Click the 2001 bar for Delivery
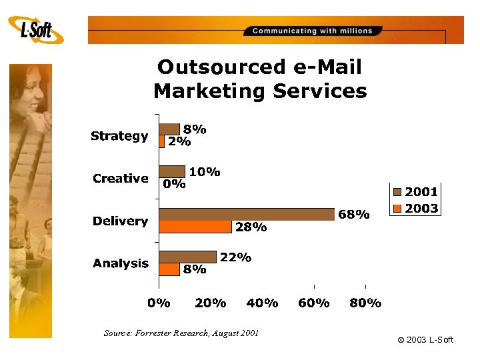[247, 214]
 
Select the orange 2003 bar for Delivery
[195, 227]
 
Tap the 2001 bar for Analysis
[187, 257]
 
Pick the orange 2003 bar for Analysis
[169, 269]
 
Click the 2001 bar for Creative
[172, 171]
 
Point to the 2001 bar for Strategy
[169, 129]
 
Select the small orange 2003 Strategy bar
[161, 141]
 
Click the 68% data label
[353, 215]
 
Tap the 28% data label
[251, 227]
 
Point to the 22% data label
[235, 257]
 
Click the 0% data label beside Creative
[175, 185]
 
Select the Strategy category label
[119, 136]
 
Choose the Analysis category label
[121, 263]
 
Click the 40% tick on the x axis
[262, 303]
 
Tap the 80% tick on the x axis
[365, 303]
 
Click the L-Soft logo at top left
[37, 30]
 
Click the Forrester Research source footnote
[181, 333]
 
